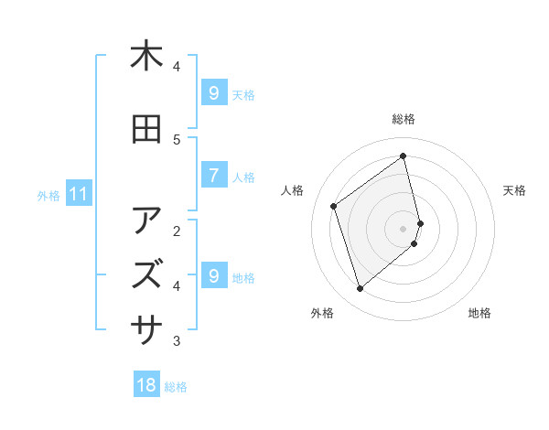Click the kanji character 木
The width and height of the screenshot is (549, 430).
click(146, 56)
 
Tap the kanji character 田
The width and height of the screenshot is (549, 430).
click(146, 130)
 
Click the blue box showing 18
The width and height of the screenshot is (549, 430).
click(146, 385)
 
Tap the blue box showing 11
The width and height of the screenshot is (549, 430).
click(78, 194)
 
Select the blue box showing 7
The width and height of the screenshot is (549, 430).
click(213, 176)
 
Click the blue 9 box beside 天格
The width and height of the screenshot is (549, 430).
click(213, 92)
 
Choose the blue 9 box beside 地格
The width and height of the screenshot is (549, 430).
click(213, 275)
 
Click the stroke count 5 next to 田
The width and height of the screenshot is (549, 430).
click(178, 139)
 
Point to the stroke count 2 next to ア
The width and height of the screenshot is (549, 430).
click(178, 230)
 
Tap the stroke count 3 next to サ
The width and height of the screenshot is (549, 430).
click(178, 340)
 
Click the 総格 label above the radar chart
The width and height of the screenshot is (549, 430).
click(404, 119)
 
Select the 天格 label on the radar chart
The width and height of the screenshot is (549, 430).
click(515, 190)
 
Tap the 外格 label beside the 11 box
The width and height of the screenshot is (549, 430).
click(48, 195)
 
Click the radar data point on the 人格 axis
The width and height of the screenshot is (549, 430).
click(334, 206)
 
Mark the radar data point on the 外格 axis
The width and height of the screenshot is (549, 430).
click(360, 289)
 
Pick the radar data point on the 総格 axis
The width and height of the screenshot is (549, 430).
click(404, 156)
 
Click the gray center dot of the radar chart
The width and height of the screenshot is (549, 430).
click(404, 228)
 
